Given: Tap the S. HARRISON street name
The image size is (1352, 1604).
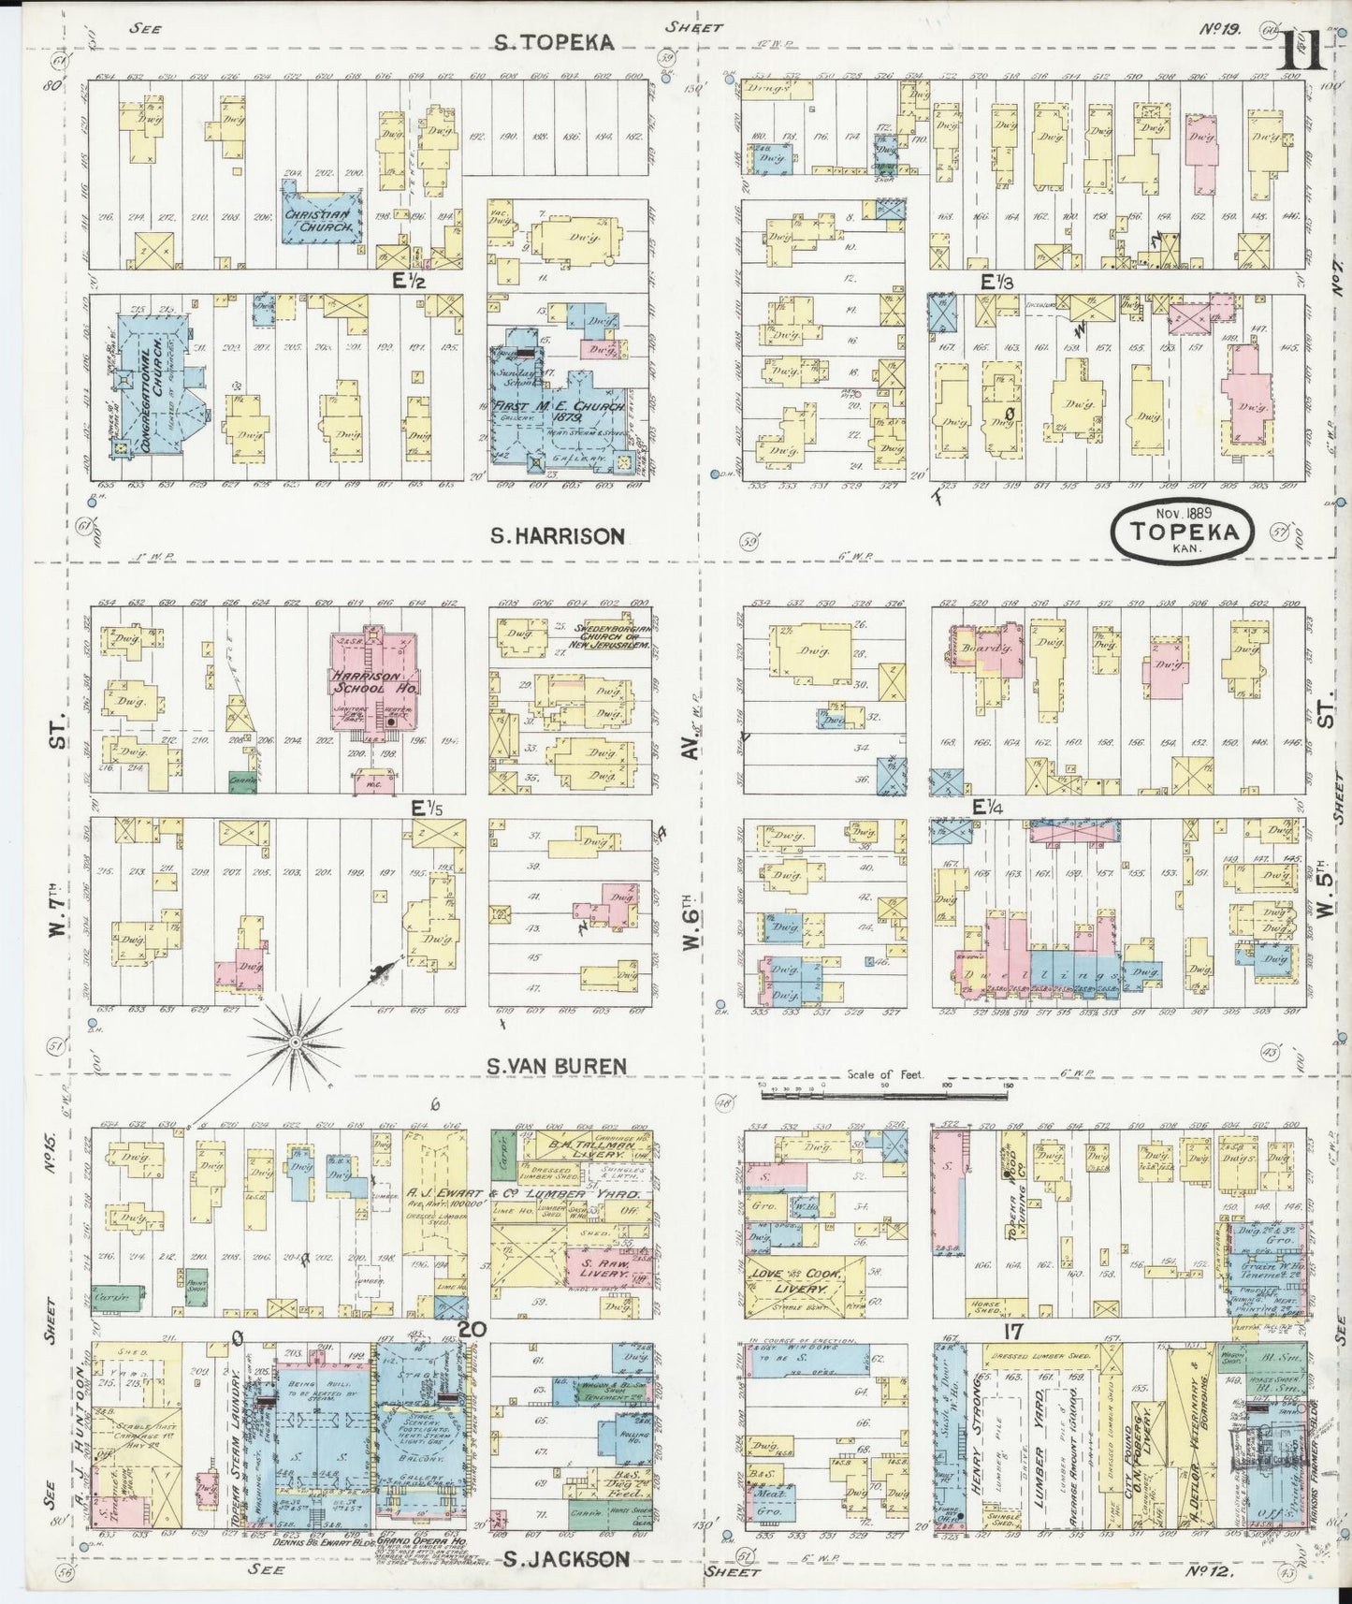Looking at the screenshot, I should (559, 536).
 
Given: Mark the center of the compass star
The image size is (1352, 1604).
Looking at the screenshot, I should (295, 1041).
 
